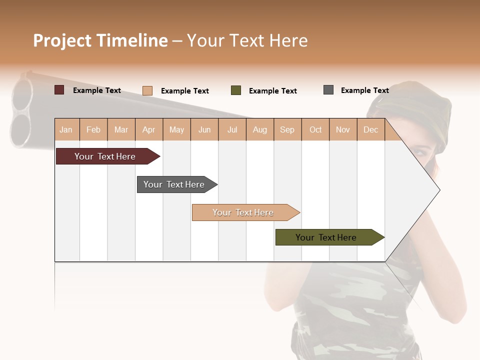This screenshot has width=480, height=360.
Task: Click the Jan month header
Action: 66,130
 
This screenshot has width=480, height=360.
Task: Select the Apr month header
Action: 148,130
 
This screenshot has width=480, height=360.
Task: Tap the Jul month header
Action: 232,130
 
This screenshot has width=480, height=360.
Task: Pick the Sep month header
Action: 287,130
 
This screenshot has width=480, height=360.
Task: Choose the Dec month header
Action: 370,130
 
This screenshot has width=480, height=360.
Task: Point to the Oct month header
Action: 315,130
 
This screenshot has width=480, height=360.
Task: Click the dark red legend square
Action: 59,90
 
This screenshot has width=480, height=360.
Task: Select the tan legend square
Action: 147,90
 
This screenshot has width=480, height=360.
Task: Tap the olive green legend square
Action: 236,90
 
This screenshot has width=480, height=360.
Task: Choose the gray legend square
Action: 328,90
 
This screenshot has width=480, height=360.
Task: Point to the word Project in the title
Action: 62,40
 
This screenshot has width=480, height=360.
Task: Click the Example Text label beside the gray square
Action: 364,90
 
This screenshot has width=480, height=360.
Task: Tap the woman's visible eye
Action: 421,150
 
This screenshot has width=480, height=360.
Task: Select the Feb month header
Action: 93,130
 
